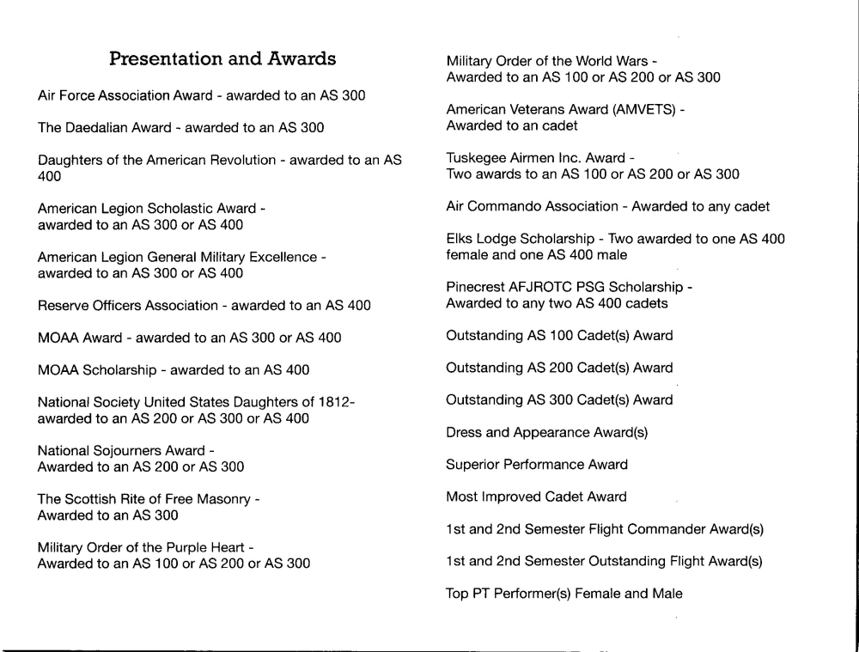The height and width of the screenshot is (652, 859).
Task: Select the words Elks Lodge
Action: coord(482,239)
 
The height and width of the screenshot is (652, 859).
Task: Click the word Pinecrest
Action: coord(477,287)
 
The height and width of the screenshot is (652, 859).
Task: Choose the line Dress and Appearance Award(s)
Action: coord(547,433)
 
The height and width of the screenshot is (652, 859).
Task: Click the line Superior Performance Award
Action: coord(537,465)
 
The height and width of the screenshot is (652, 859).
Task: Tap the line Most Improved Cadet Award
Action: coord(536,497)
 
